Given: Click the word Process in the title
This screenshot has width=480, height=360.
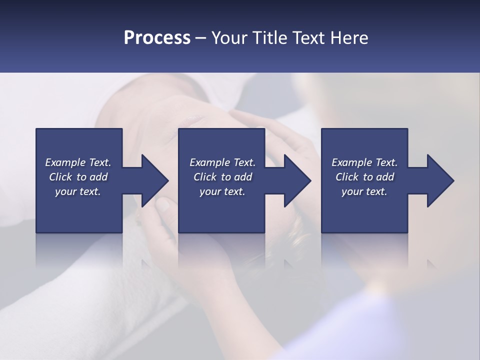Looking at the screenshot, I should coord(157,38).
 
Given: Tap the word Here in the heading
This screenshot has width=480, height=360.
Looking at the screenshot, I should coord(349,38).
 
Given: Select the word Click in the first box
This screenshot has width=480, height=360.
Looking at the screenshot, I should coord(61,177).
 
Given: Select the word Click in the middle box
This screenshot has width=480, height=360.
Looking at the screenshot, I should coord(205,177).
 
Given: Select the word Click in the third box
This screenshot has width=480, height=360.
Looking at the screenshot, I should coord(347,177).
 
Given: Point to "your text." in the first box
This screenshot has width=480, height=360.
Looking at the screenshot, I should coord(78,191).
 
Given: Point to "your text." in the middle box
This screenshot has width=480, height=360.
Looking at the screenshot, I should coord(222,191).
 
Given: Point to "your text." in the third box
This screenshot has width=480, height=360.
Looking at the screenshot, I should coord(364,191).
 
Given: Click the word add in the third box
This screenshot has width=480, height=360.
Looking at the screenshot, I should coord(385,177).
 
